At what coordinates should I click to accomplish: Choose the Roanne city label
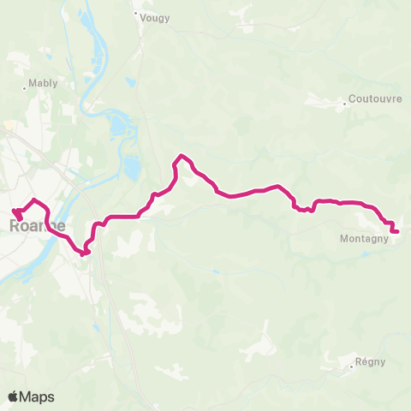[x=37, y=226]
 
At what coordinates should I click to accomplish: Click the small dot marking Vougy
[x=135, y=13]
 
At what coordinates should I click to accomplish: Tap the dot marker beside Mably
[x=24, y=86]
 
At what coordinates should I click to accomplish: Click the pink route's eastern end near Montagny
[x=397, y=230]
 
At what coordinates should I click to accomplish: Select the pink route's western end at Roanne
[x=14, y=210]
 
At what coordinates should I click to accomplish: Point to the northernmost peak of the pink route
[x=181, y=155]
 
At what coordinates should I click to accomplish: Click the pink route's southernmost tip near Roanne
[x=84, y=253]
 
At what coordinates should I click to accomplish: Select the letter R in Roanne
[x=15, y=226]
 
